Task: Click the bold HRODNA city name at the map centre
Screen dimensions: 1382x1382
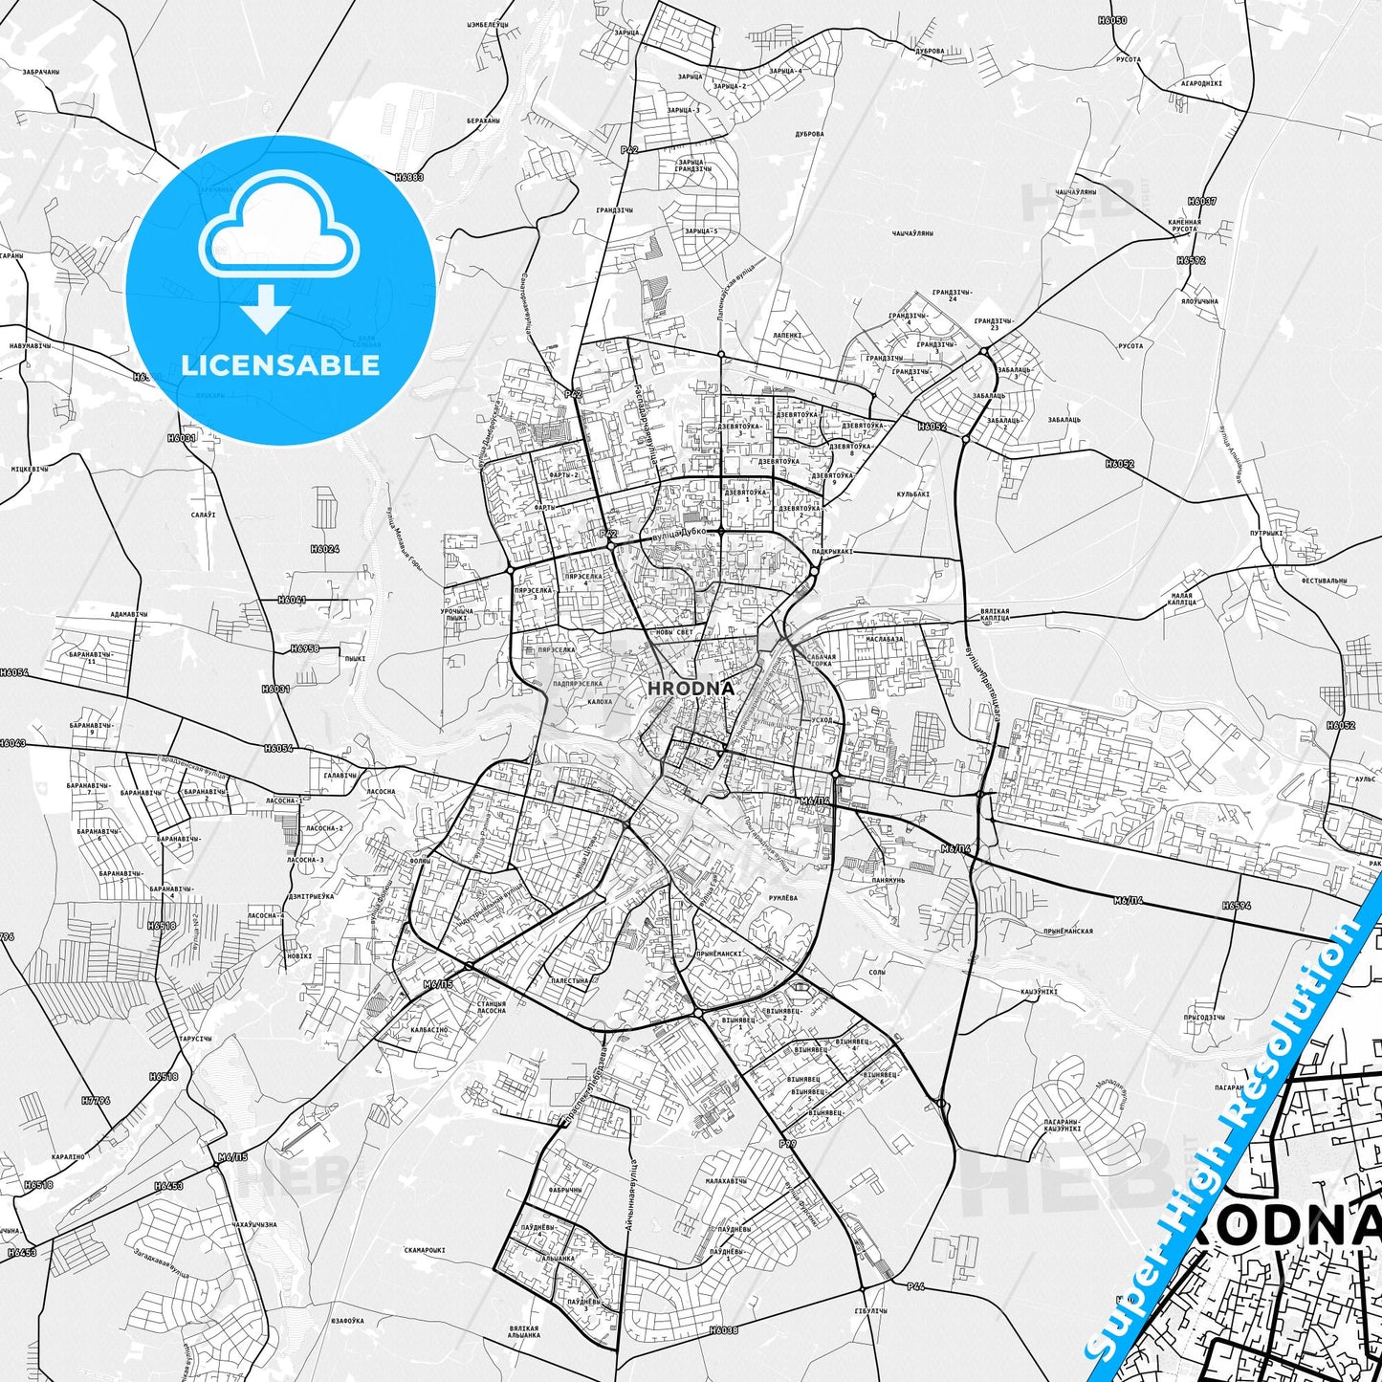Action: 691,688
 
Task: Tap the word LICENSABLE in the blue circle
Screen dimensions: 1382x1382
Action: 280,365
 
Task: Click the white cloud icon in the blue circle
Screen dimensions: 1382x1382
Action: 278,226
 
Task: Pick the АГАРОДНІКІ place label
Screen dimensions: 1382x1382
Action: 1201,83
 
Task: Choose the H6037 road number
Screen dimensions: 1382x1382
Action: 1202,202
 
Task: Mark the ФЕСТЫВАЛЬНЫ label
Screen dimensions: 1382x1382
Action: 1324,581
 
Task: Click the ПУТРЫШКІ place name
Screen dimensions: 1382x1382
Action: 1266,533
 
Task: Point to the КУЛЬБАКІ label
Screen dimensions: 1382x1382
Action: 912,494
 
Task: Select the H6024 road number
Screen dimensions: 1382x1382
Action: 324,549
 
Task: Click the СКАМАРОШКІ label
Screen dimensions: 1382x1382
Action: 425,1250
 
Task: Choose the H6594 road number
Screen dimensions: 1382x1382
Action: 1236,905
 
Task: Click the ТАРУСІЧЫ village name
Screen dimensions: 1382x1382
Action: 194,1039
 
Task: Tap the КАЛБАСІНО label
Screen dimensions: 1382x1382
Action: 428,1030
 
